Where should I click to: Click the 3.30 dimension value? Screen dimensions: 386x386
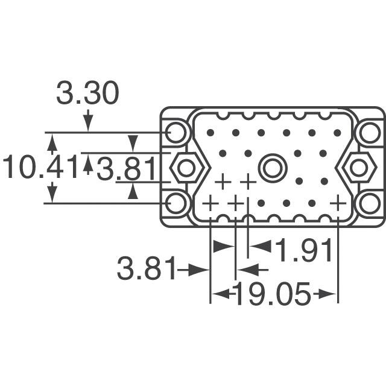click(x=87, y=94)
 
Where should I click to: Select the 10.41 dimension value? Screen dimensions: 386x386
click(x=40, y=168)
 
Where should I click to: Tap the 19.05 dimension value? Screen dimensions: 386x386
click(x=272, y=294)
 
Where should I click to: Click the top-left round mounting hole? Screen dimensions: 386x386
click(x=177, y=132)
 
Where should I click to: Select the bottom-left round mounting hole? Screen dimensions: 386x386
click(x=177, y=203)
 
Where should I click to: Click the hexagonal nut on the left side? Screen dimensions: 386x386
click(x=186, y=168)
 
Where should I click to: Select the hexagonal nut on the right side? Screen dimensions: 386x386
click(x=358, y=168)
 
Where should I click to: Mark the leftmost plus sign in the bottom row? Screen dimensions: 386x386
click(x=210, y=203)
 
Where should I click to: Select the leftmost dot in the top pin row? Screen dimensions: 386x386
click(x=210, y=132)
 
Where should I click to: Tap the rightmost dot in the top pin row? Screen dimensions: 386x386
click(x=337, y=132)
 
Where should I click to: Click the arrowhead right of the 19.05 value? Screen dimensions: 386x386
click(x=327, y=294)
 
